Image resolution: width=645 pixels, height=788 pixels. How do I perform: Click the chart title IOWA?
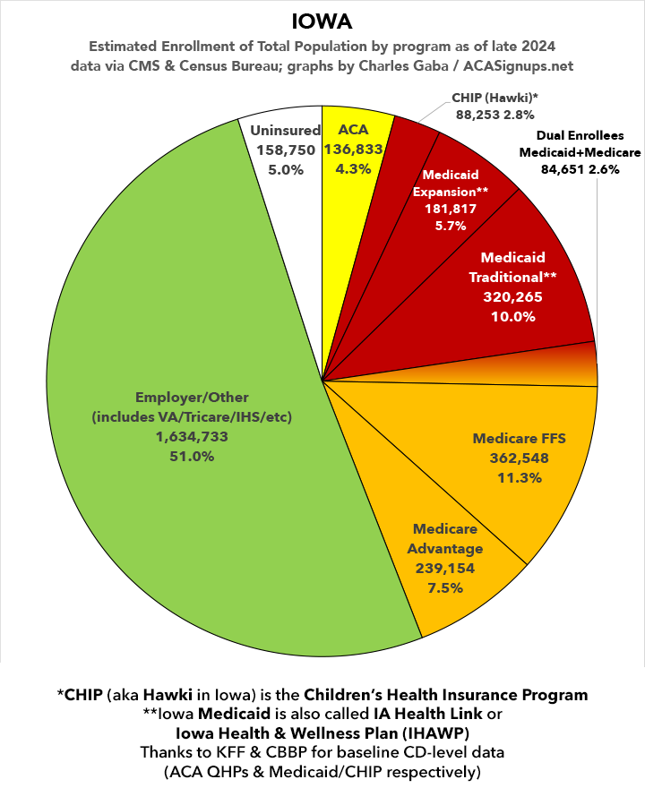pos(322,22)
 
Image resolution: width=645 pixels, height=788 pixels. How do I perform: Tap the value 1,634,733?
pos(192,437)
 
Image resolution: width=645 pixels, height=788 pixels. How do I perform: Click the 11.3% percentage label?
pos(520,477)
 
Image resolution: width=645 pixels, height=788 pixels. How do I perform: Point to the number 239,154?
pos(445,569)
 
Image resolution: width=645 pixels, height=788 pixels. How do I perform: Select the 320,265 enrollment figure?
pos(512,297)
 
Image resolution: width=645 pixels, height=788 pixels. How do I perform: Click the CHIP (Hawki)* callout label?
pos(494,98)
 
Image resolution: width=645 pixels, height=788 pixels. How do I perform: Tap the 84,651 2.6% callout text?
pos(580,169)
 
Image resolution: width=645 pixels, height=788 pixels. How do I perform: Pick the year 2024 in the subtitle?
pos(538,47)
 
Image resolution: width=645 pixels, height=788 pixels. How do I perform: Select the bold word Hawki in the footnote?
pos(168,695)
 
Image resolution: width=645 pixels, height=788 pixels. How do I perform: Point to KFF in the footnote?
pos(231,752)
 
